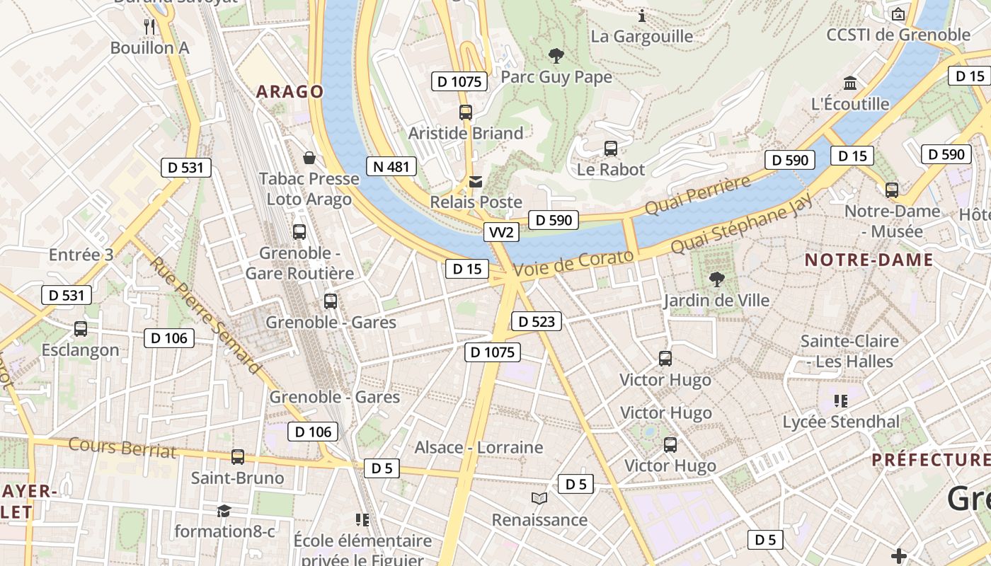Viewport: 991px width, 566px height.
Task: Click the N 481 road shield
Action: click(391, 167)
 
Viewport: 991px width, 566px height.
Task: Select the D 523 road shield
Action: click(536, 321)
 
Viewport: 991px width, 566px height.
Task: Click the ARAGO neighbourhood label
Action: click(290, 91)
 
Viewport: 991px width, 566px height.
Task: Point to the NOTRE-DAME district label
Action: click(869, 260)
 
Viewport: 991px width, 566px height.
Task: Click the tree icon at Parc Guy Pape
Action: click(556, 55)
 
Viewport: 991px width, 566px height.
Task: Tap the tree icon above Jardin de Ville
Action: click(716, 279)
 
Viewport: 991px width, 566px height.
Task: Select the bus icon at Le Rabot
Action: click(610, 149)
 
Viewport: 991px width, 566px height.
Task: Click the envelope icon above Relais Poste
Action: click(476, 182)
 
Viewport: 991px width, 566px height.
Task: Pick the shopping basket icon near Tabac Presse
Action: click(309, 156)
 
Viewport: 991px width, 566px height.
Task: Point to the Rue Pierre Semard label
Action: click(205, 315)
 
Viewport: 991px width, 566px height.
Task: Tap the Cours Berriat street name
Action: click(122, 447)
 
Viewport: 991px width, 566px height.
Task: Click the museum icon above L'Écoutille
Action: click(850, 83)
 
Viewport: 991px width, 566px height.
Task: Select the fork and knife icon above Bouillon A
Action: click(149, 27)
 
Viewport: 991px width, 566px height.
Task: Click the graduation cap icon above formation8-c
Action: click(224, 511)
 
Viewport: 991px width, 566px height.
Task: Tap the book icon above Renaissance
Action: click(539, 499)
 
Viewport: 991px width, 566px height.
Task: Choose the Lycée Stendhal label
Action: click(841, 422)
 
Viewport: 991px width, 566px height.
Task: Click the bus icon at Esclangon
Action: click(81, 329)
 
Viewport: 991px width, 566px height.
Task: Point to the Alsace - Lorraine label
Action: click(479, 447)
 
